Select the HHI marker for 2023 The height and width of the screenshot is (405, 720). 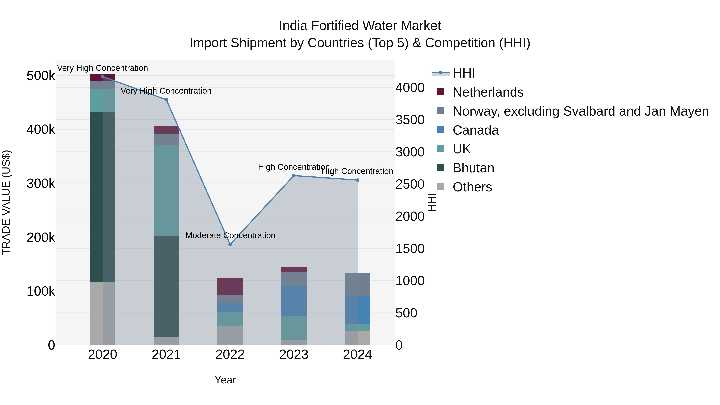click(294, 176)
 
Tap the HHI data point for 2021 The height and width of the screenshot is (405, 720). click(166, 100)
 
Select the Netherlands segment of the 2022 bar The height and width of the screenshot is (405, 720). click(230, 286)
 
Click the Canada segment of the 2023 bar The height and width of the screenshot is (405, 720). click(294, 301)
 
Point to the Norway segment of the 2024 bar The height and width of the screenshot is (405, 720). click(357, 285)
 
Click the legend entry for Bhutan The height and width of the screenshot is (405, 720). click(473, 168)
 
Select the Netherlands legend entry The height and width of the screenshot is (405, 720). click(488, 92)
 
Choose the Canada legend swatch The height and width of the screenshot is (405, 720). click(440, 130)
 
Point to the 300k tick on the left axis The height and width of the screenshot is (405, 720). click(41, 184)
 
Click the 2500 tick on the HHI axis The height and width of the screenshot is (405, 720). click(410, 184)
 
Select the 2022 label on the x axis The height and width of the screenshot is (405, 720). click(230, 355)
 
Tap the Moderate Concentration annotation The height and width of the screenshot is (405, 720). click(230, 235)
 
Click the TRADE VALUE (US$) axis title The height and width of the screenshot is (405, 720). click(6, 202)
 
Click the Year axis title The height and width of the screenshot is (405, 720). click(225, 380)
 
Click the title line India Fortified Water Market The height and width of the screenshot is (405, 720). click(360, 26)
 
